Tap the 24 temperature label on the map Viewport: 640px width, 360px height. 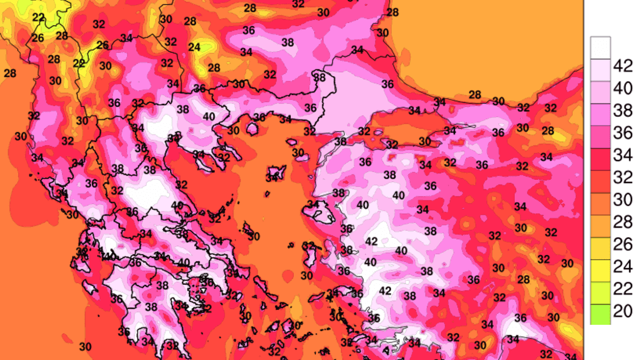(x=194, y=47)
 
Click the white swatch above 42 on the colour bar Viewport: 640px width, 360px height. (x=601, y=47)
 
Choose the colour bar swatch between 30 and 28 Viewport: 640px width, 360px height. (x=601, y=211)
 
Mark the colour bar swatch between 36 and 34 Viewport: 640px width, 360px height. (x=601, y=144)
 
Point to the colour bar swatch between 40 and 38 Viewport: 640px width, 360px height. (x=601, y=99)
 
